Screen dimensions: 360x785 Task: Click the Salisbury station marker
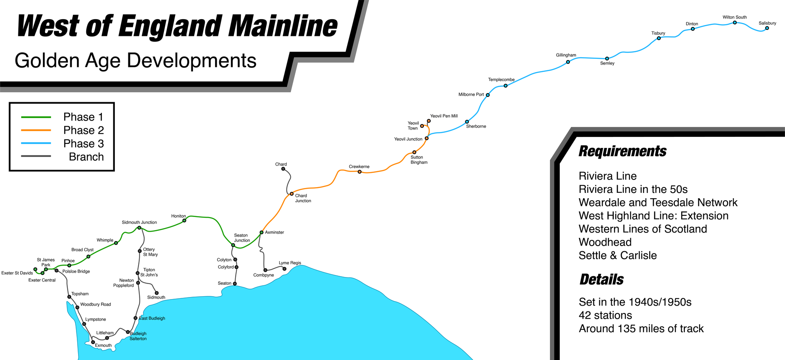(x=767, y=28)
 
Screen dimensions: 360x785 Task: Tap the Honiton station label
(x=178, y=216)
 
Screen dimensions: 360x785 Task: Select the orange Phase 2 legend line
(x=36, y=130)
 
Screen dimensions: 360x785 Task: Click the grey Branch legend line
(x=36, y=156)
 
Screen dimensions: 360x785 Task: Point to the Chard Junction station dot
(x=292, y=194)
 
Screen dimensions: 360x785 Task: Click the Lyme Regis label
(x=290, y=263)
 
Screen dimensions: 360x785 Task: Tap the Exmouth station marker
(x=93, y=342)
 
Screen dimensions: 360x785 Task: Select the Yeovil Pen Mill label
(x=444, y=116)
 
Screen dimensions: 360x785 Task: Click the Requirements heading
(x=622, y=151)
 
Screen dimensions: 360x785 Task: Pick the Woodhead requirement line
(x=605, y=242)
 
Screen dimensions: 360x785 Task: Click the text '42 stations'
(x=605, y=315)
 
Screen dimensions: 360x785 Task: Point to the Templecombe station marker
(x=506, y=86)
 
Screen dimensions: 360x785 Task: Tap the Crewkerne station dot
(x=359, y=172)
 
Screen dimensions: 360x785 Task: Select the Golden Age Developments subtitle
(x=135, y=61)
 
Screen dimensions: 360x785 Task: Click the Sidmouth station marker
(x=157, y=293)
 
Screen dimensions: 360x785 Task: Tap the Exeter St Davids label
(x=17, y=273)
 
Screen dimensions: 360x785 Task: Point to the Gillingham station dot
(x=568, y=62)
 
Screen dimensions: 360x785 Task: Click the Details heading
(x=601, y=280)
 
